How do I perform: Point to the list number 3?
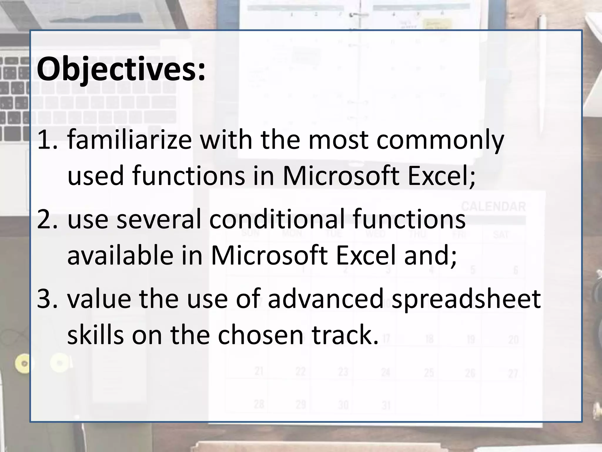47,299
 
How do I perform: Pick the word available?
120,255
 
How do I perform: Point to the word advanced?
325,299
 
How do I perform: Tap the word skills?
96,335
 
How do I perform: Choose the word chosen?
260,335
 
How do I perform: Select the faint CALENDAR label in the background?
493,207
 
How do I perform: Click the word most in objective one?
338,140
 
